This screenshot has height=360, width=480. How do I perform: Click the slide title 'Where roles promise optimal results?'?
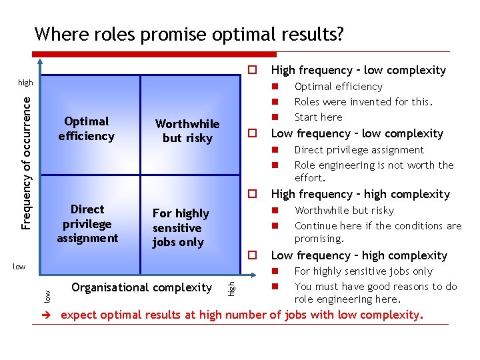pyautogui.click(x=190, y=33)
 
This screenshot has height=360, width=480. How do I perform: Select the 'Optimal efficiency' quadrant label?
pyautogui.click(x=87, y=129)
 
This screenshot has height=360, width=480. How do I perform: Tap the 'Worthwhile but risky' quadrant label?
pyautogui.click(x=187, y=131)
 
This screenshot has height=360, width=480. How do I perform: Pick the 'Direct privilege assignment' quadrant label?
pyautogui.click(x=87, y=224)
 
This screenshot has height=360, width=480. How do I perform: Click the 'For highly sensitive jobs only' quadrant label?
pyautogui.click(x=181, y=227)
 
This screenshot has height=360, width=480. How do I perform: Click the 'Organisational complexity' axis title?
pyautogui.click(x=141, y=287)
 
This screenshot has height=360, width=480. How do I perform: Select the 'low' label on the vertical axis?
pyautogui.click(x=19, y=267)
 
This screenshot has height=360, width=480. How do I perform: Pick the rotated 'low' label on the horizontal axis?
pyautogui.click(x=47, y=293)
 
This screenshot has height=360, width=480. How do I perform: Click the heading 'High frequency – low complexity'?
pyautogui.click(x=358, y=70)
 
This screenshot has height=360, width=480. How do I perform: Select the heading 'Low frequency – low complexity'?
pyautogui.click(x=357, y=133)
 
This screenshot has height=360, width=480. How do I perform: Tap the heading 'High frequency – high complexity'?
pyautogui.click(x=360, y=194)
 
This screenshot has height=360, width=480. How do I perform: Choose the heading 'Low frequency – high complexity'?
pyautogui.click(x=359, y=255)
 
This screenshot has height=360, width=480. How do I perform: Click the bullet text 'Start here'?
pyautogui.click(x=318, y=117)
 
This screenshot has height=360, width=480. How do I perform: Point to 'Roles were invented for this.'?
pyautogui.click(x=363, y=102)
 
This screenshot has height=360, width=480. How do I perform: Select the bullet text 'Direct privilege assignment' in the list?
pyautogui.click(x=359, y=150)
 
